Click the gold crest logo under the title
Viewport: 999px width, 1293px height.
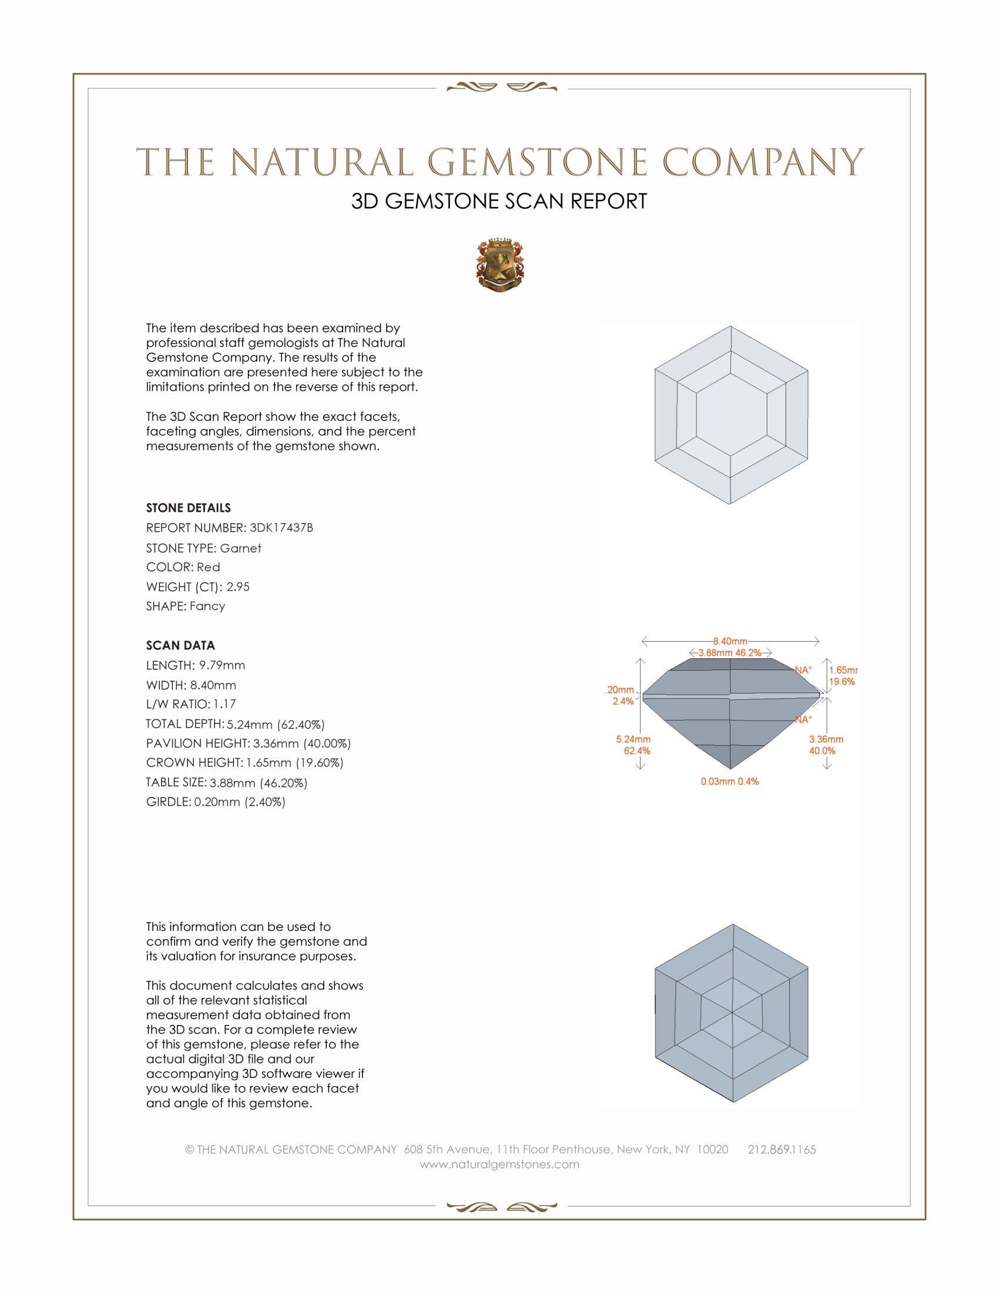[500, 264]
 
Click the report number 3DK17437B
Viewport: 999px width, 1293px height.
[281, 528]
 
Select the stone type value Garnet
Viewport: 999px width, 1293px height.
[240, 548]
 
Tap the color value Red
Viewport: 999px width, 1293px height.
[209, 567]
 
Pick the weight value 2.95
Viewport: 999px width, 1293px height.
[238, 587]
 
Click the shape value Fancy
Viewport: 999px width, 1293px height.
[207, 607]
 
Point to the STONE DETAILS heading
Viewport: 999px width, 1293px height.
[188, 508]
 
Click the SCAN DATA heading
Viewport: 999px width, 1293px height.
[180, 645]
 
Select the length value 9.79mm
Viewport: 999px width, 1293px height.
[222, 665]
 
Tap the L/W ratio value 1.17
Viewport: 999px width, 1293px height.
[225, 705]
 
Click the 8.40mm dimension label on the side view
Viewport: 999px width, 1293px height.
[730, 641]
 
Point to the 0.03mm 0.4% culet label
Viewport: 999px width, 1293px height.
[730, 782]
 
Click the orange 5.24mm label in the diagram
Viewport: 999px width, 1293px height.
[633, 739]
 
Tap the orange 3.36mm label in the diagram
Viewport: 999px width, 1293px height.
[826, 739]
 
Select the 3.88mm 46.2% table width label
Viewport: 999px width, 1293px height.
[730, 653]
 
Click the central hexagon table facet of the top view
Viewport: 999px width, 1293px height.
[731, 415]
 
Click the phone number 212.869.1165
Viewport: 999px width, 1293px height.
[782, 1150]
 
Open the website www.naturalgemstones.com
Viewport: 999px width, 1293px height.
[499, 1164]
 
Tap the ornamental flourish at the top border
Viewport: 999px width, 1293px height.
[501, 88]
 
